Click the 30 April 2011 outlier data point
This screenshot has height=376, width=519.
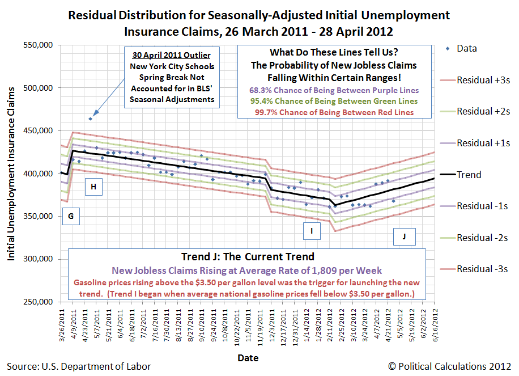[91, 119]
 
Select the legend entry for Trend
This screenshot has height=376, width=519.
[469, 175]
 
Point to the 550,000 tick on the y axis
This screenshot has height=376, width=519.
[37, 45]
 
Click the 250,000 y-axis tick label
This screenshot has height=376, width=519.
[37, 302]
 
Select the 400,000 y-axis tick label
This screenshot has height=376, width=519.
[37, 174]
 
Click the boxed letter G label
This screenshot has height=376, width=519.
[70, 216]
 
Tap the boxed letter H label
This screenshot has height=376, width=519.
[93, 187]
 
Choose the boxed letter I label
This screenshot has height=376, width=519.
[312, 230]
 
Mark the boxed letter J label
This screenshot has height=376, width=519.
[404, 237]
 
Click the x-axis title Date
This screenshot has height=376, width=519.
[248, 358]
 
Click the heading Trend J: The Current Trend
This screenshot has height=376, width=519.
[248, 256]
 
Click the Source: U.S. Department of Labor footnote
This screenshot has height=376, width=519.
[79, 366]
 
